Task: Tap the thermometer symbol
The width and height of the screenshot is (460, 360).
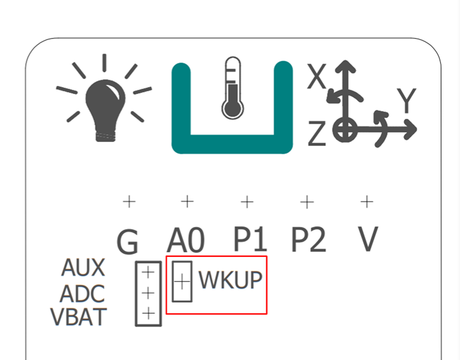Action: pyautogui.click(x=233, y=88)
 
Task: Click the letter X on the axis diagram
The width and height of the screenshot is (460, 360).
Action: pyautogui.click(x=316, y=76)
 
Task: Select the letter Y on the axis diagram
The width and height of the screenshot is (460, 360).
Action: pyautogui.click(x=407, y=100)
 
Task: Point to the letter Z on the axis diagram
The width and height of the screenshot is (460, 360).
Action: pyautogui.click(x=317, y=133)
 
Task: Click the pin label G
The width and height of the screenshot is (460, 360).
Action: pyautogui.click(x=128, y=242)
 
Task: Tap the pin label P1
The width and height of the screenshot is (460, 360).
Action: pyautogui.click(x=250, y=239)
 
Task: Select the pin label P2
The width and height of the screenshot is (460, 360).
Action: pyautogui.click(x=309, y=239)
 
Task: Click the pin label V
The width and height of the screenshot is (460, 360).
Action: pyautogui.click(x=368, y=239)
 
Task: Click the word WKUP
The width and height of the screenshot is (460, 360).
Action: pyautogui.click(x=231, y=280)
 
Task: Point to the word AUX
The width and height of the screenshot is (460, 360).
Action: pyautogui.click(x=83, y=267)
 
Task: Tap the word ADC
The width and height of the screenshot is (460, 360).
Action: pyautogui.click(x=82, y=293)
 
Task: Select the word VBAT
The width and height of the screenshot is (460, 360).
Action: pyautogui.click(x=79, y=317)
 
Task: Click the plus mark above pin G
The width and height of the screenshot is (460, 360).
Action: pyautogui.click(x=129, y=202)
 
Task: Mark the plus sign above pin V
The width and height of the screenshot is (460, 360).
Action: pyautogui.click(x=366, y=202)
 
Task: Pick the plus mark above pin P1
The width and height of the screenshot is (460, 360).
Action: pyautogui.click(x=247, y=202)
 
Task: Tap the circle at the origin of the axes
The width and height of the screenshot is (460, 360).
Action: pyautogui.click(x=345, y=129)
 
